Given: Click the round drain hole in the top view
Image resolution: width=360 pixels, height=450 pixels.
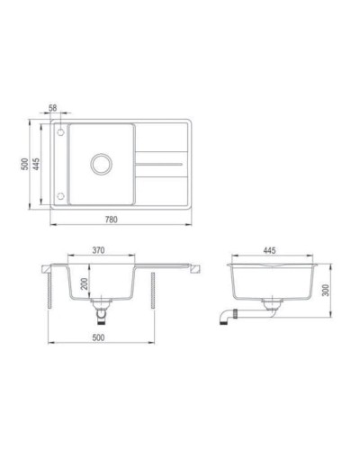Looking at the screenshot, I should coord(98,165).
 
